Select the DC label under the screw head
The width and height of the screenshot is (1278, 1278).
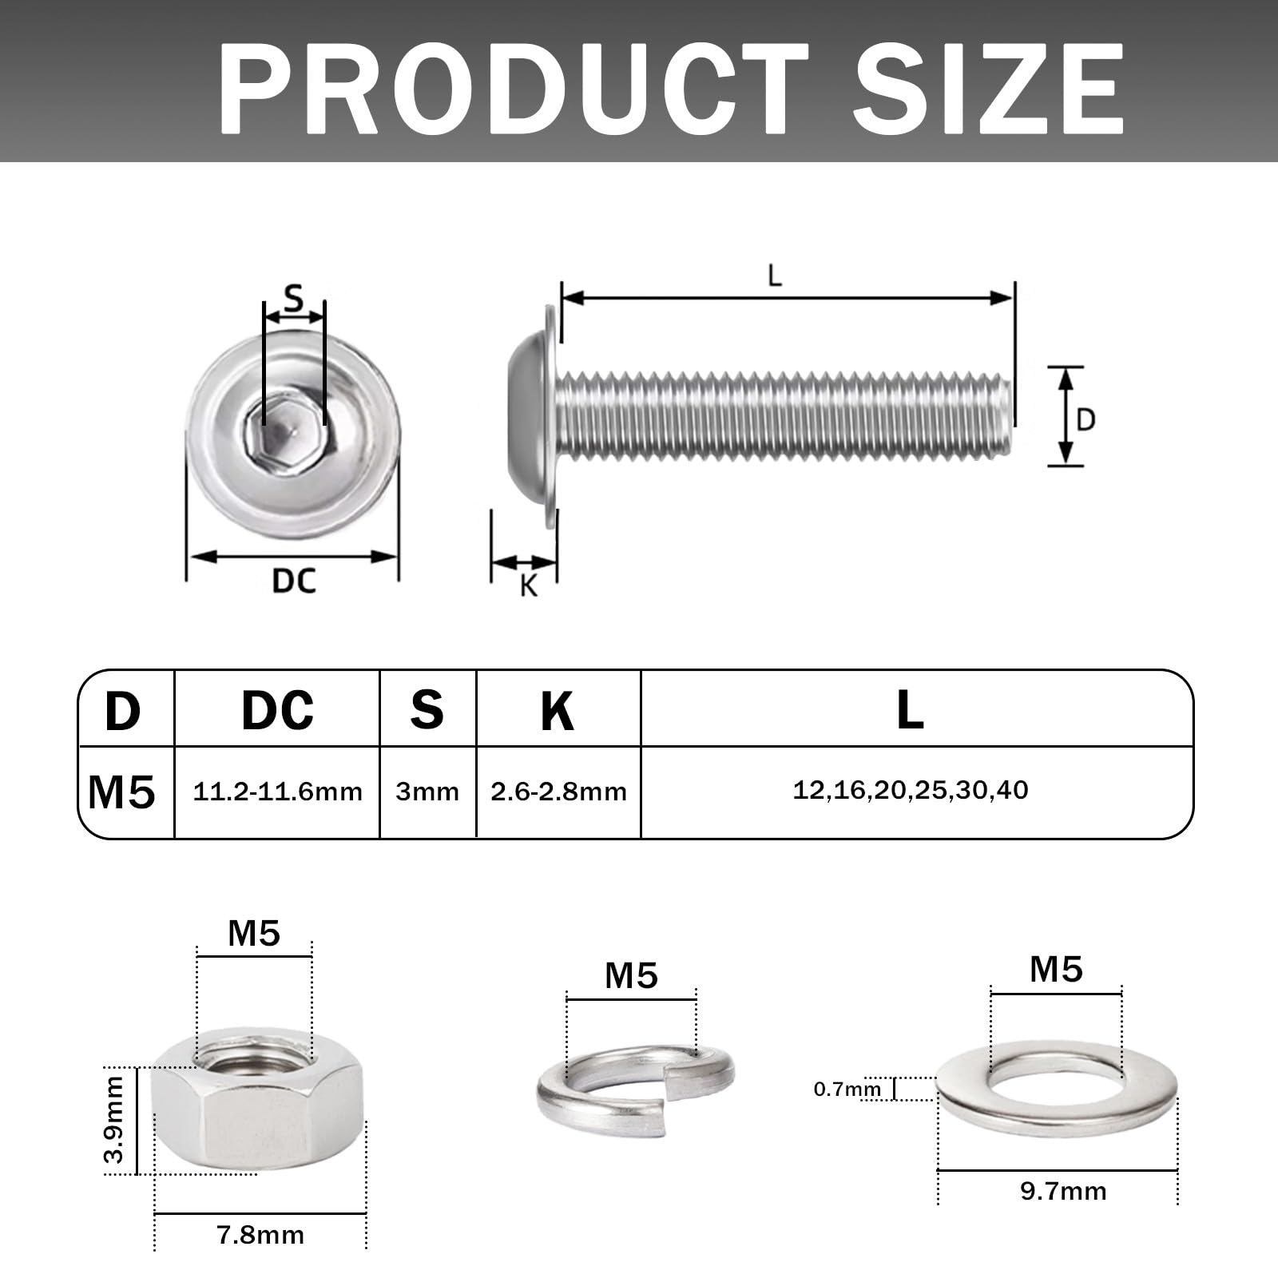click(294, 581)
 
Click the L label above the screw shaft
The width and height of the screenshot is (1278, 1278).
click(774, 276)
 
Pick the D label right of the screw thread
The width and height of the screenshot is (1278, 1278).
click(1086, 419)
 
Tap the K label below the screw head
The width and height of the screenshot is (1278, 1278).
click(528, 585)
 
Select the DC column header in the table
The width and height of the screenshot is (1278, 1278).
click(277, 709)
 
